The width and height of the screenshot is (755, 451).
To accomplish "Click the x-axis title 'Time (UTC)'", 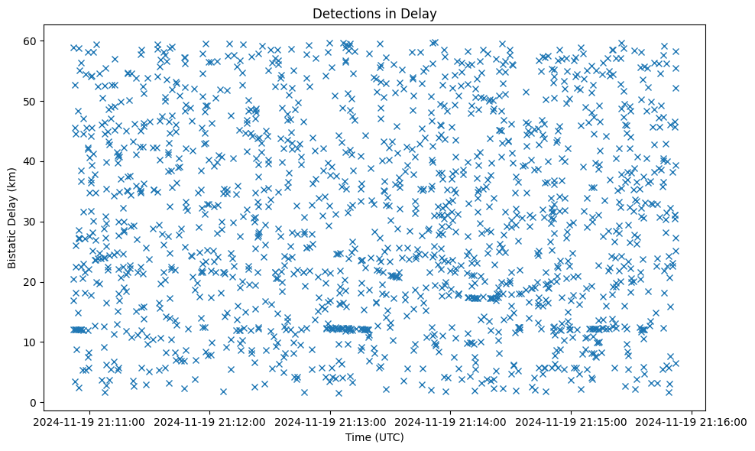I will click(x=374, y=437).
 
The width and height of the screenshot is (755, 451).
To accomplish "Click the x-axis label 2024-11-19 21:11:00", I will click(x=89, y=421).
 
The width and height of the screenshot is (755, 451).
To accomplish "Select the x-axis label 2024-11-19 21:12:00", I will click(x=210, y=421).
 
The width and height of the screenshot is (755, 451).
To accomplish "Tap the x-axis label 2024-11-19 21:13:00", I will click(x=330, y=421).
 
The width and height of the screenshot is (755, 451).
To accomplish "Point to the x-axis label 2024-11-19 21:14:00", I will click(x=451, y=421).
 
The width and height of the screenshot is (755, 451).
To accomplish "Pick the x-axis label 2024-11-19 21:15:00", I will click(x=572, y=421).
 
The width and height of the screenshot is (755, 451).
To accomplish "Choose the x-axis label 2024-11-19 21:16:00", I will click(x=692, y=421).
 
